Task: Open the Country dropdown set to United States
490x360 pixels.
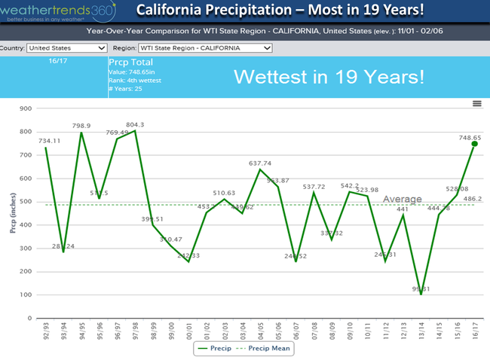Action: (x=67, y=47)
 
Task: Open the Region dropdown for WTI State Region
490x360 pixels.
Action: (x=204, y=47)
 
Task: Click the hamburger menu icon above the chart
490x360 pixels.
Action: (x=476, y=103)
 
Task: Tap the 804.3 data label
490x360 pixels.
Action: (x=136, y=125)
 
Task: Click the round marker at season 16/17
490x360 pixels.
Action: (x=475, y=144)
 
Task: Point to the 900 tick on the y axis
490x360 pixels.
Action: (x=25, y=108)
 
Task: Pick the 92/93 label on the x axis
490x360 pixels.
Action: (x=46, y=329)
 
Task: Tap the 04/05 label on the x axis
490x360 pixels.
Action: (x=260, y=329)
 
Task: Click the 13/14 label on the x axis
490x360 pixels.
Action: (x=421, y=329)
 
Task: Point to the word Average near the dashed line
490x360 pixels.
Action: (x=403, y=200)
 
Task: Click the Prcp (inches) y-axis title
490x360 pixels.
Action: (x=12, y=213)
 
